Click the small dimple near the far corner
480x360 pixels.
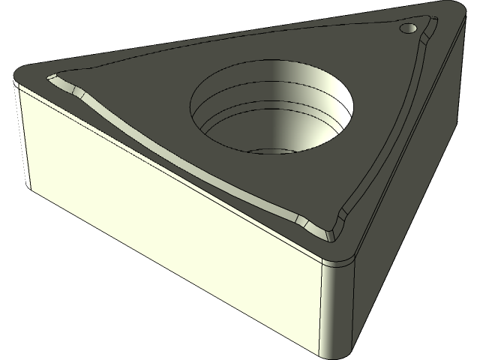[409, 28]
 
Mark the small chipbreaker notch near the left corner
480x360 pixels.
[75, 90]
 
